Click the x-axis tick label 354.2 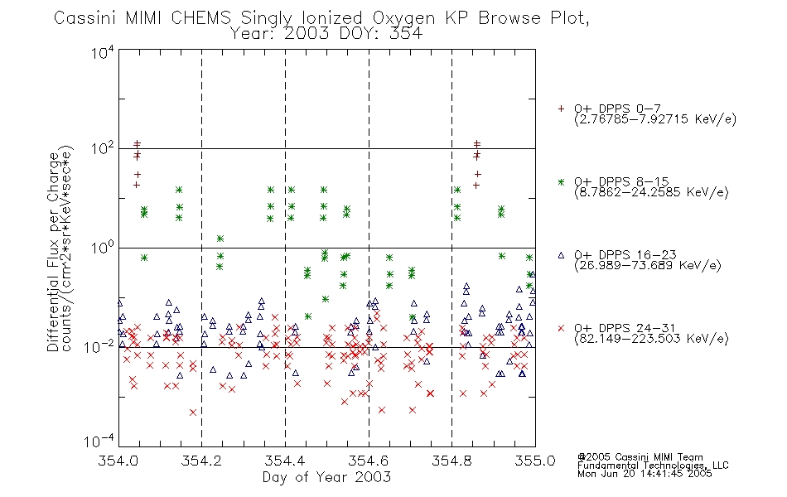201,461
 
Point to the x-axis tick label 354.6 369,461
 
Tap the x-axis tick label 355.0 535,461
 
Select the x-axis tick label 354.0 118,461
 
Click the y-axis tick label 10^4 103,52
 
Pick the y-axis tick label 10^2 103,149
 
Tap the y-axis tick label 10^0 103,248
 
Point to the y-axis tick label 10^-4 99,442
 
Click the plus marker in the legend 561,109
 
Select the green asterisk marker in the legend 561,181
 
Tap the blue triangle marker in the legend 561,255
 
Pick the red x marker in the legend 561,328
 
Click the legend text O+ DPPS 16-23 625,254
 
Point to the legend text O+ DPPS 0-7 618,108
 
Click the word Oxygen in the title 403,18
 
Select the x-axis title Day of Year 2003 326,477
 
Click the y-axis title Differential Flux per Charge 53,252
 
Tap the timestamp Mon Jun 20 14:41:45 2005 645,473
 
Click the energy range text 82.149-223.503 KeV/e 651,339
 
